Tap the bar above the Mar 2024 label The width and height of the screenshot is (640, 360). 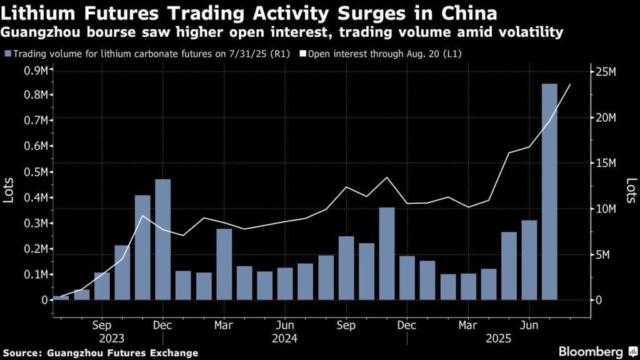coord(224,264)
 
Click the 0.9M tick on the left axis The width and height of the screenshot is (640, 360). coord(34,70)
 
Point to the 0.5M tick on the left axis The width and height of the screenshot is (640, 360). coord(34,172)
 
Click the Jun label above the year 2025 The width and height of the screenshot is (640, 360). coord(529,325)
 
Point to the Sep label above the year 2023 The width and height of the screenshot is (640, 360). coord(102,325)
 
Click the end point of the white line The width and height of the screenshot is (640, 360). coord(570,84)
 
